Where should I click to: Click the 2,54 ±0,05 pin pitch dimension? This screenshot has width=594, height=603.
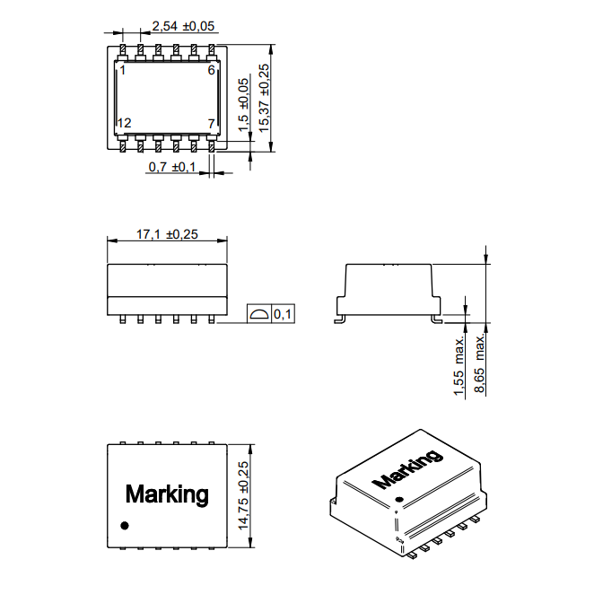pos(183,26)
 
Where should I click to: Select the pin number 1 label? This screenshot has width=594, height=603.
pos(122,70)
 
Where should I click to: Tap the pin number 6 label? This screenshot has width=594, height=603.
pos(211,70)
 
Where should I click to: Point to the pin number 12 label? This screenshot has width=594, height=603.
pos(124,123)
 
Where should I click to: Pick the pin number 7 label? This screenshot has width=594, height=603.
pos(211,123)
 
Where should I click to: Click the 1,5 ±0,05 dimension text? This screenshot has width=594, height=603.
pos(244,105)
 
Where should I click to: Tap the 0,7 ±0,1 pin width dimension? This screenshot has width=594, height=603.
pos(171,168)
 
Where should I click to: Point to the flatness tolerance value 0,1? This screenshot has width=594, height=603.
pos(282,314)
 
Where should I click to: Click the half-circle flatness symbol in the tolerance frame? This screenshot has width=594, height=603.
pos(258,314)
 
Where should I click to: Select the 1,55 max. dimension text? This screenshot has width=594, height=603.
pos(460,365)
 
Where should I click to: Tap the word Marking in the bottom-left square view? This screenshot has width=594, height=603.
pos(167,494)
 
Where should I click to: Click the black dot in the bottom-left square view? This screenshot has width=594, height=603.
pos(125,525)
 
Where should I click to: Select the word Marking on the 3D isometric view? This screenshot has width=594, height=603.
pos(406,469)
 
